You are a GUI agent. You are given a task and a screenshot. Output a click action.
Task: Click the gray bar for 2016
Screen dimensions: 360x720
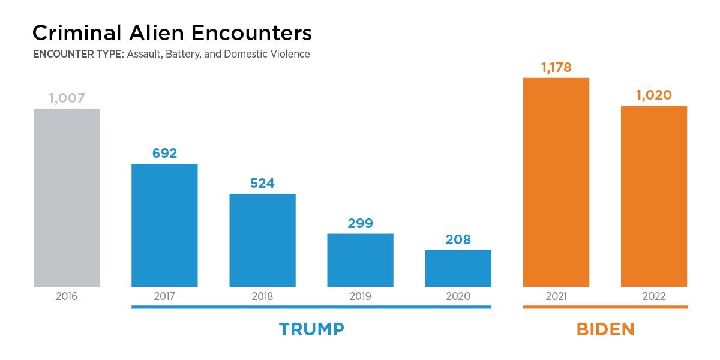tap(67, 197)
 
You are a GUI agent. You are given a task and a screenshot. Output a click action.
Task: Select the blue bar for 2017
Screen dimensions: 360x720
tap(164, 225)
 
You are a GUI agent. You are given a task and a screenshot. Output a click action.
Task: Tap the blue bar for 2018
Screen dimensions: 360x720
tap(262, 240)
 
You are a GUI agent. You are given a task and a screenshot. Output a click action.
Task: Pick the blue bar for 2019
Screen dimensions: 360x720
tap(360, 260)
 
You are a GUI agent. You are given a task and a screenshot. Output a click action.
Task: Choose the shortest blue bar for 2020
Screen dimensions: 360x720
tap(458, 268)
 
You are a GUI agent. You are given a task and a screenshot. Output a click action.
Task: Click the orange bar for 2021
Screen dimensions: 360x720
tap(556, 182)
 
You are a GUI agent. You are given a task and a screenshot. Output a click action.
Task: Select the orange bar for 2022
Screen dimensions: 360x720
tap(654, 196)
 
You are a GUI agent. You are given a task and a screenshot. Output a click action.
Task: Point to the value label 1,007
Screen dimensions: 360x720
tap(67, 98)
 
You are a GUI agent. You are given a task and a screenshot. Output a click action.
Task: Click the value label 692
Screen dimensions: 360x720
tap(164, 154)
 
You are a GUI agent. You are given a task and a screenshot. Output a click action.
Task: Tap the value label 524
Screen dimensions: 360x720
tap(262, 184)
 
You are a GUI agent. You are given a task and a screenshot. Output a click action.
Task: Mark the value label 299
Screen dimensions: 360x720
tap(360, 224)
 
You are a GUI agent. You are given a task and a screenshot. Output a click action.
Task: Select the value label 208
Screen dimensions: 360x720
tap(458, 240)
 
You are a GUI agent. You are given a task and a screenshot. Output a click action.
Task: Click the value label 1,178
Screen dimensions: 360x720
tap(556, 67)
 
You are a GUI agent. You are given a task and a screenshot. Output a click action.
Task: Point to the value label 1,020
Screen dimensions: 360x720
tap(654, 95)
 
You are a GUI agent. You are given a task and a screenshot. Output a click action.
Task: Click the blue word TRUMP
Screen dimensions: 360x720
tap(311, 329)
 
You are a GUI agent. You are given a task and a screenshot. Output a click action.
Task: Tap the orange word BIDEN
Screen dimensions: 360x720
tap(605, 329)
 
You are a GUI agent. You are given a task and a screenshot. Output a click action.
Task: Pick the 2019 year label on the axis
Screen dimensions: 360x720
tap(360, 296)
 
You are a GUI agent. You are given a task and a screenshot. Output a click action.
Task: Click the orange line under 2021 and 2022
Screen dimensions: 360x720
tap(605, 307)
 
